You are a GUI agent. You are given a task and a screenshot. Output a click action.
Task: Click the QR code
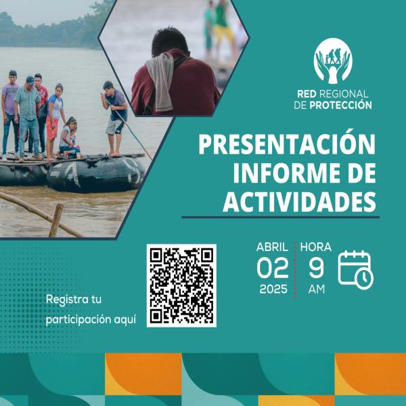181,285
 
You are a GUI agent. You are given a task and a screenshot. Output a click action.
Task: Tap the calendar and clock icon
355,269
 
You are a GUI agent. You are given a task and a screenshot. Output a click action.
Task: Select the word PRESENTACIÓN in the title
287,144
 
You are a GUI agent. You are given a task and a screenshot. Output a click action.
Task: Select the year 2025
273,290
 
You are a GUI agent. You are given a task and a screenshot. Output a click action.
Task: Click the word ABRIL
272,246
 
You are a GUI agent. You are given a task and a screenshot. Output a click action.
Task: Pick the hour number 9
316,268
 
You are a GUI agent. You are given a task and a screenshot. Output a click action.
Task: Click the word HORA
316,246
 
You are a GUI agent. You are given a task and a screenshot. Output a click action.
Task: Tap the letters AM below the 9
316,290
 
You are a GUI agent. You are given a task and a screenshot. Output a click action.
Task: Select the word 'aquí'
122,319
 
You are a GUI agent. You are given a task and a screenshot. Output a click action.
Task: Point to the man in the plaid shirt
27,112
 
